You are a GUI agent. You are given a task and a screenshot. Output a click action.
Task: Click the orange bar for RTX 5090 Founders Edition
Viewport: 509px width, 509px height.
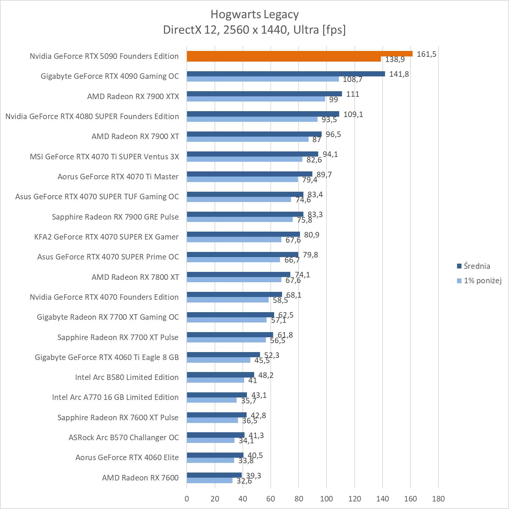tap(300, 54)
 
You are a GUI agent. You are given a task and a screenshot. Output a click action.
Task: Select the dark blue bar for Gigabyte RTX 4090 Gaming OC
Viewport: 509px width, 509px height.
tap(286, 74)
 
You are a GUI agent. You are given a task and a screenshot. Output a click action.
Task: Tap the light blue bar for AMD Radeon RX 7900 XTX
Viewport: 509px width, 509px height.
tap(256, 99)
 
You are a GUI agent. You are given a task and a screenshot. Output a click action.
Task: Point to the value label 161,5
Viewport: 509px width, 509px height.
tap(426, 54)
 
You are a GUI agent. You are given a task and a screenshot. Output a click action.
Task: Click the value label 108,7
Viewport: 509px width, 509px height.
tap(352, 79)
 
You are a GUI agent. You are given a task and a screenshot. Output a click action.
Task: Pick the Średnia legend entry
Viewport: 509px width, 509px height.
tap(477, 266)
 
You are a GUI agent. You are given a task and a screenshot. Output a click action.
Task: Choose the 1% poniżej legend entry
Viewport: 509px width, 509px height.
tap(482, 280)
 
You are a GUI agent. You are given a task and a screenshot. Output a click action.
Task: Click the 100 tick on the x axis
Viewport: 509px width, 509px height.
tap(326, 498)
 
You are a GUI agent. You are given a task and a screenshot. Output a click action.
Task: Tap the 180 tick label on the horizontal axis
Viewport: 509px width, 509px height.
tap(438, 498)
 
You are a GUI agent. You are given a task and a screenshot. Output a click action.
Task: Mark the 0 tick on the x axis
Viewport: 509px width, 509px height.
tap(187, 498)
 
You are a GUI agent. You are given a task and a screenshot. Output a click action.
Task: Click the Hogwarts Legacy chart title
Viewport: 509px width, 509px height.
tap(254, 14)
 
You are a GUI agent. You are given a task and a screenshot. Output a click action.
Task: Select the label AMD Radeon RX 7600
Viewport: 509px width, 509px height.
tap(140, 478)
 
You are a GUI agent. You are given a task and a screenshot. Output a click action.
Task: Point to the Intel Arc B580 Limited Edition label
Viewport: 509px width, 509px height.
tap(127, 377)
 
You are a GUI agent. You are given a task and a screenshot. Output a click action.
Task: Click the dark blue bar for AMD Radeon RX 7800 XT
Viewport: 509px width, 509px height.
tap(238, 274)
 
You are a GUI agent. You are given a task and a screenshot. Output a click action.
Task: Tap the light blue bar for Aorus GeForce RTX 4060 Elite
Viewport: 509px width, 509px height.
tap(210, 460)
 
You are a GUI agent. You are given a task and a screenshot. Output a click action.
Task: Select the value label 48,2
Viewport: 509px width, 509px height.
tap(266, 375)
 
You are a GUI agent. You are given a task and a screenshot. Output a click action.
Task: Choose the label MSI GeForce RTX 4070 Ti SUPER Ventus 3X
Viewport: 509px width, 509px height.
tap(104, 157)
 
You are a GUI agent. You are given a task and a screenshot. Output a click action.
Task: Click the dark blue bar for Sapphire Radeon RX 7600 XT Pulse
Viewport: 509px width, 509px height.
tap(217, 415)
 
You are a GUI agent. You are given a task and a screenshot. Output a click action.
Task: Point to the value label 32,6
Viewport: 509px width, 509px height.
tap(244, 481)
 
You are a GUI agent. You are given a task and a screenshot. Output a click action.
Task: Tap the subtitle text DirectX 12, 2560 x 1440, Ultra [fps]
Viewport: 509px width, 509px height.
tap(254, 30)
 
